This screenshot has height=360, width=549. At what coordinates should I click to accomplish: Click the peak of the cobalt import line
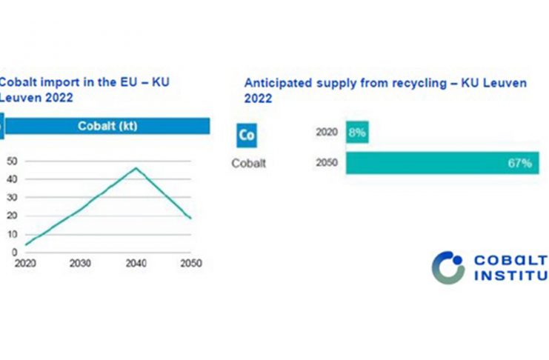point(136,168)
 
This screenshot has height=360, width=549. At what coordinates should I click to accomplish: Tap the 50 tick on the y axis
point(11,161)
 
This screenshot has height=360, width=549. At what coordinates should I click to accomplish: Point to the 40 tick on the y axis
point(11,179)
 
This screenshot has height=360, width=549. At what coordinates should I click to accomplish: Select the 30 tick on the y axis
point(11,198)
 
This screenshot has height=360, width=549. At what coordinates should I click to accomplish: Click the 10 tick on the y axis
point(11,234)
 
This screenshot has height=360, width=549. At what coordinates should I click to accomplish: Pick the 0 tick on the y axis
point(13,252)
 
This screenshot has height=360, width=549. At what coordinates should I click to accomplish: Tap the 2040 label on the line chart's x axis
point(136,264)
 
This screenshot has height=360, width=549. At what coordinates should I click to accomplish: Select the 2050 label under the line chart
point(191,264)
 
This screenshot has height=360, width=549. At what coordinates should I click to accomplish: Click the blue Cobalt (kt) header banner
point(107,126)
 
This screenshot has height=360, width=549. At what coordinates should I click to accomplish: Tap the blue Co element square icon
point(247,136)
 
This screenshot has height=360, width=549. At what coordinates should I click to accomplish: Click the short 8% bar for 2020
point(356,133)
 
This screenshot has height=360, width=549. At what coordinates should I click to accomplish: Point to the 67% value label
point(519,164)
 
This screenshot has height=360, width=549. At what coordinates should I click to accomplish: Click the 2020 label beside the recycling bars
point(327,133)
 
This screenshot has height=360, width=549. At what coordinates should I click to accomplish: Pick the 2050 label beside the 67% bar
point(327,164)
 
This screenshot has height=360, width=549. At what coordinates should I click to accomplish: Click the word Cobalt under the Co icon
point(248,164)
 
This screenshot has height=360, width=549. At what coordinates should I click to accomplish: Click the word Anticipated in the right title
point(273,83)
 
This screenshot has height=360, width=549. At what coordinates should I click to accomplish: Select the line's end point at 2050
point(191,219)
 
